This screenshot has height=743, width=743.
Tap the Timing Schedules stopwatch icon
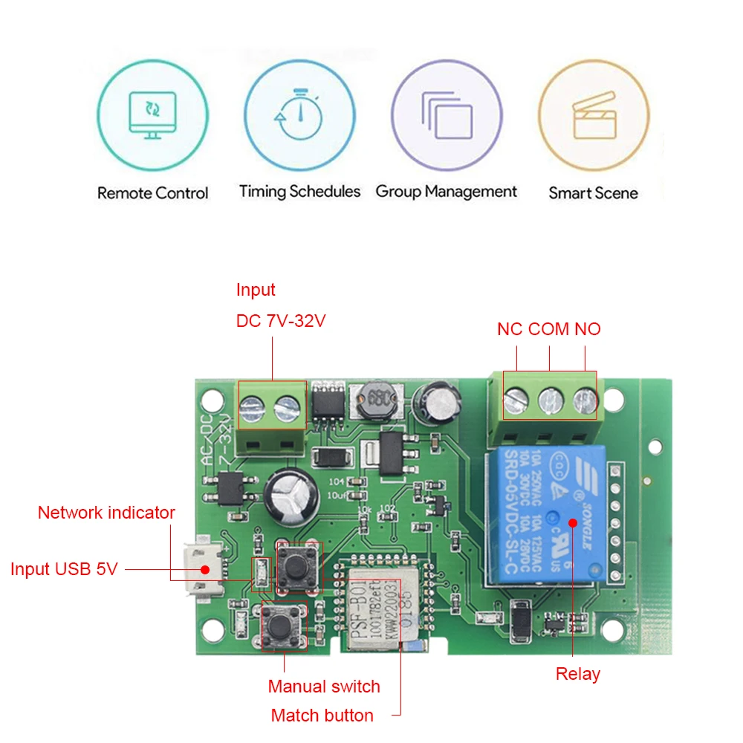pyautogui.click(x=299, y=115)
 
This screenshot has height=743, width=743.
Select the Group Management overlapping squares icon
pyautogui.click(x=447, y=115)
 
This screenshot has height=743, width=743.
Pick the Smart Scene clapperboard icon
pyautogui.click(x=593, y=116)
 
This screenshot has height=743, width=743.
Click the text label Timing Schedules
pyautogui.click(x=299, y=192)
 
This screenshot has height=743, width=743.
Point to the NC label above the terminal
pyautogui.click(x=510, y=329)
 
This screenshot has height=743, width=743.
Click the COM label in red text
pyautogui.click(x=549, y=329)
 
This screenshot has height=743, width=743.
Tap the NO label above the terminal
pyautogui.click(x=588, y=329)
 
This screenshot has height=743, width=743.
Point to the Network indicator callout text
pyautogui.click(x=106, y=513)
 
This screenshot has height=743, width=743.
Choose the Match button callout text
pyautogui.click(x=322, y=716)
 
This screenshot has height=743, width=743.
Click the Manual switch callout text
pyautogui.click(x=324, y=687)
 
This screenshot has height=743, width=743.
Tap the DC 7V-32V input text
pyautogui.click(x=281, y=321)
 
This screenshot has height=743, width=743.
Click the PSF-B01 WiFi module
pyautogui.click(x=371, y=602)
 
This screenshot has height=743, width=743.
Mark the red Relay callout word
pyautogui.click(x=578, y=674)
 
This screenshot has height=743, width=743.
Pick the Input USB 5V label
pyautogui.click(x=64, y=570)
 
